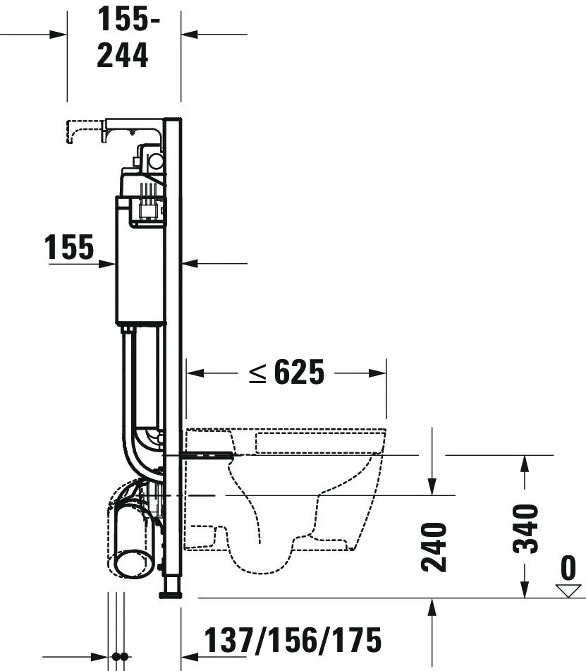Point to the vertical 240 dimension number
click(x=433, y=547)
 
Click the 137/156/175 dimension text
click(x=293, y=639)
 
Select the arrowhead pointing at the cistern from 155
click(x=109, y=264)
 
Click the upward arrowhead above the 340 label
click(x=524, y=463)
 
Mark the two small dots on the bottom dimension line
click(x=120, y=656)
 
